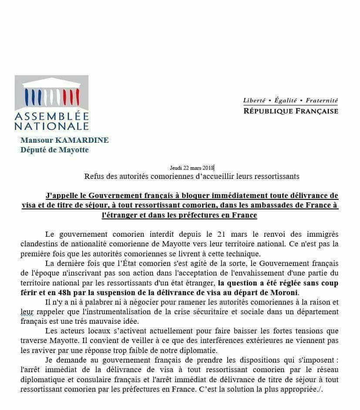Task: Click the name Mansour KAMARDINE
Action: click(x=64, y=140)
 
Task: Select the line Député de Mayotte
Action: click(x=54, y=150)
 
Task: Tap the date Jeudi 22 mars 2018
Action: click(x=192, y=168)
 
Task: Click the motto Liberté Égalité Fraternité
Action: click(x=290, y=101)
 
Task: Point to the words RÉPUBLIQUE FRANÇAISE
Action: click(x=290, y=111)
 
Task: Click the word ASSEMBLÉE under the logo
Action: click(x=51, y=117)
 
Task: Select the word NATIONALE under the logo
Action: click(x=51, y=126)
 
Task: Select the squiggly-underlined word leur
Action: click(x=27, y=312)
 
